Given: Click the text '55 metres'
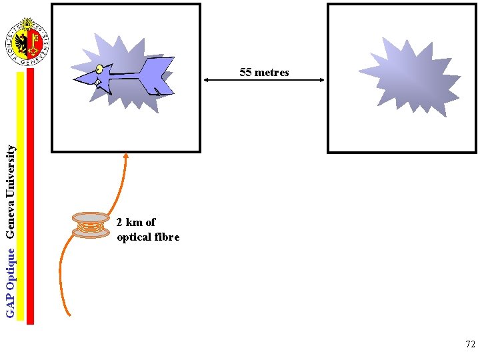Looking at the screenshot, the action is click(264, 72).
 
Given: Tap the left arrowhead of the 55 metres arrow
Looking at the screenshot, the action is click(206, 80).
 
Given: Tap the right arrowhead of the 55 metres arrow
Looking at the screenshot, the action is click(322, 80).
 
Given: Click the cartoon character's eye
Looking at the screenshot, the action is click(99, 69).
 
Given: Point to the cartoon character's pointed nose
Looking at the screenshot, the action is click(76, 82).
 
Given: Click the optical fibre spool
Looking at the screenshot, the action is click(91, 225).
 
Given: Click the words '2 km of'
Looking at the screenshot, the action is click(136, 223).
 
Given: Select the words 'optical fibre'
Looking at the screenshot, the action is click(148, 237).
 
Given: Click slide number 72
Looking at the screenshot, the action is click(470, 345).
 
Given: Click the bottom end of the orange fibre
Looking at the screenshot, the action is click(69, 314).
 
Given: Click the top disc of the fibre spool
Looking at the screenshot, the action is click(91, 217).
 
